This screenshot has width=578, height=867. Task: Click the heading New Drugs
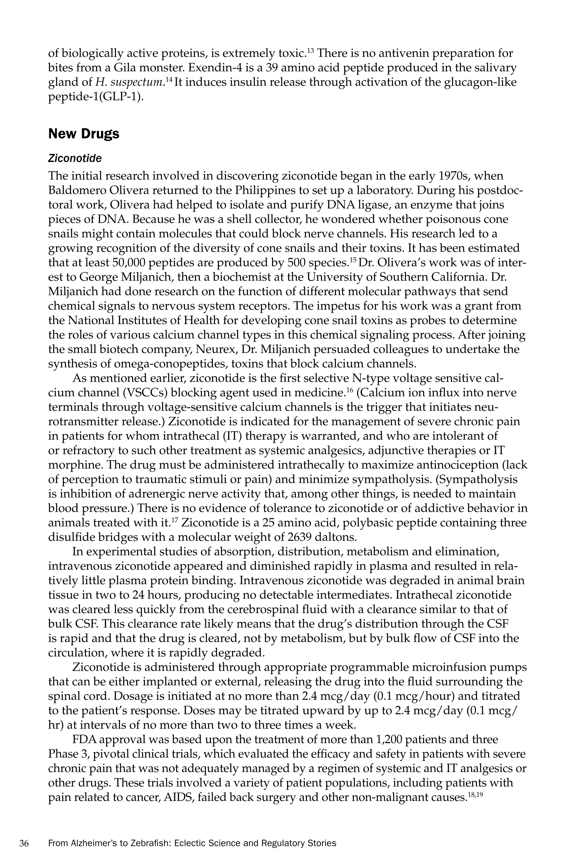tap(84, 134)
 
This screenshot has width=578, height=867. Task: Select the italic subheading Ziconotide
tap(75, 159)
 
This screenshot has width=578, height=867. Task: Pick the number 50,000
tap(129, 263)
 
